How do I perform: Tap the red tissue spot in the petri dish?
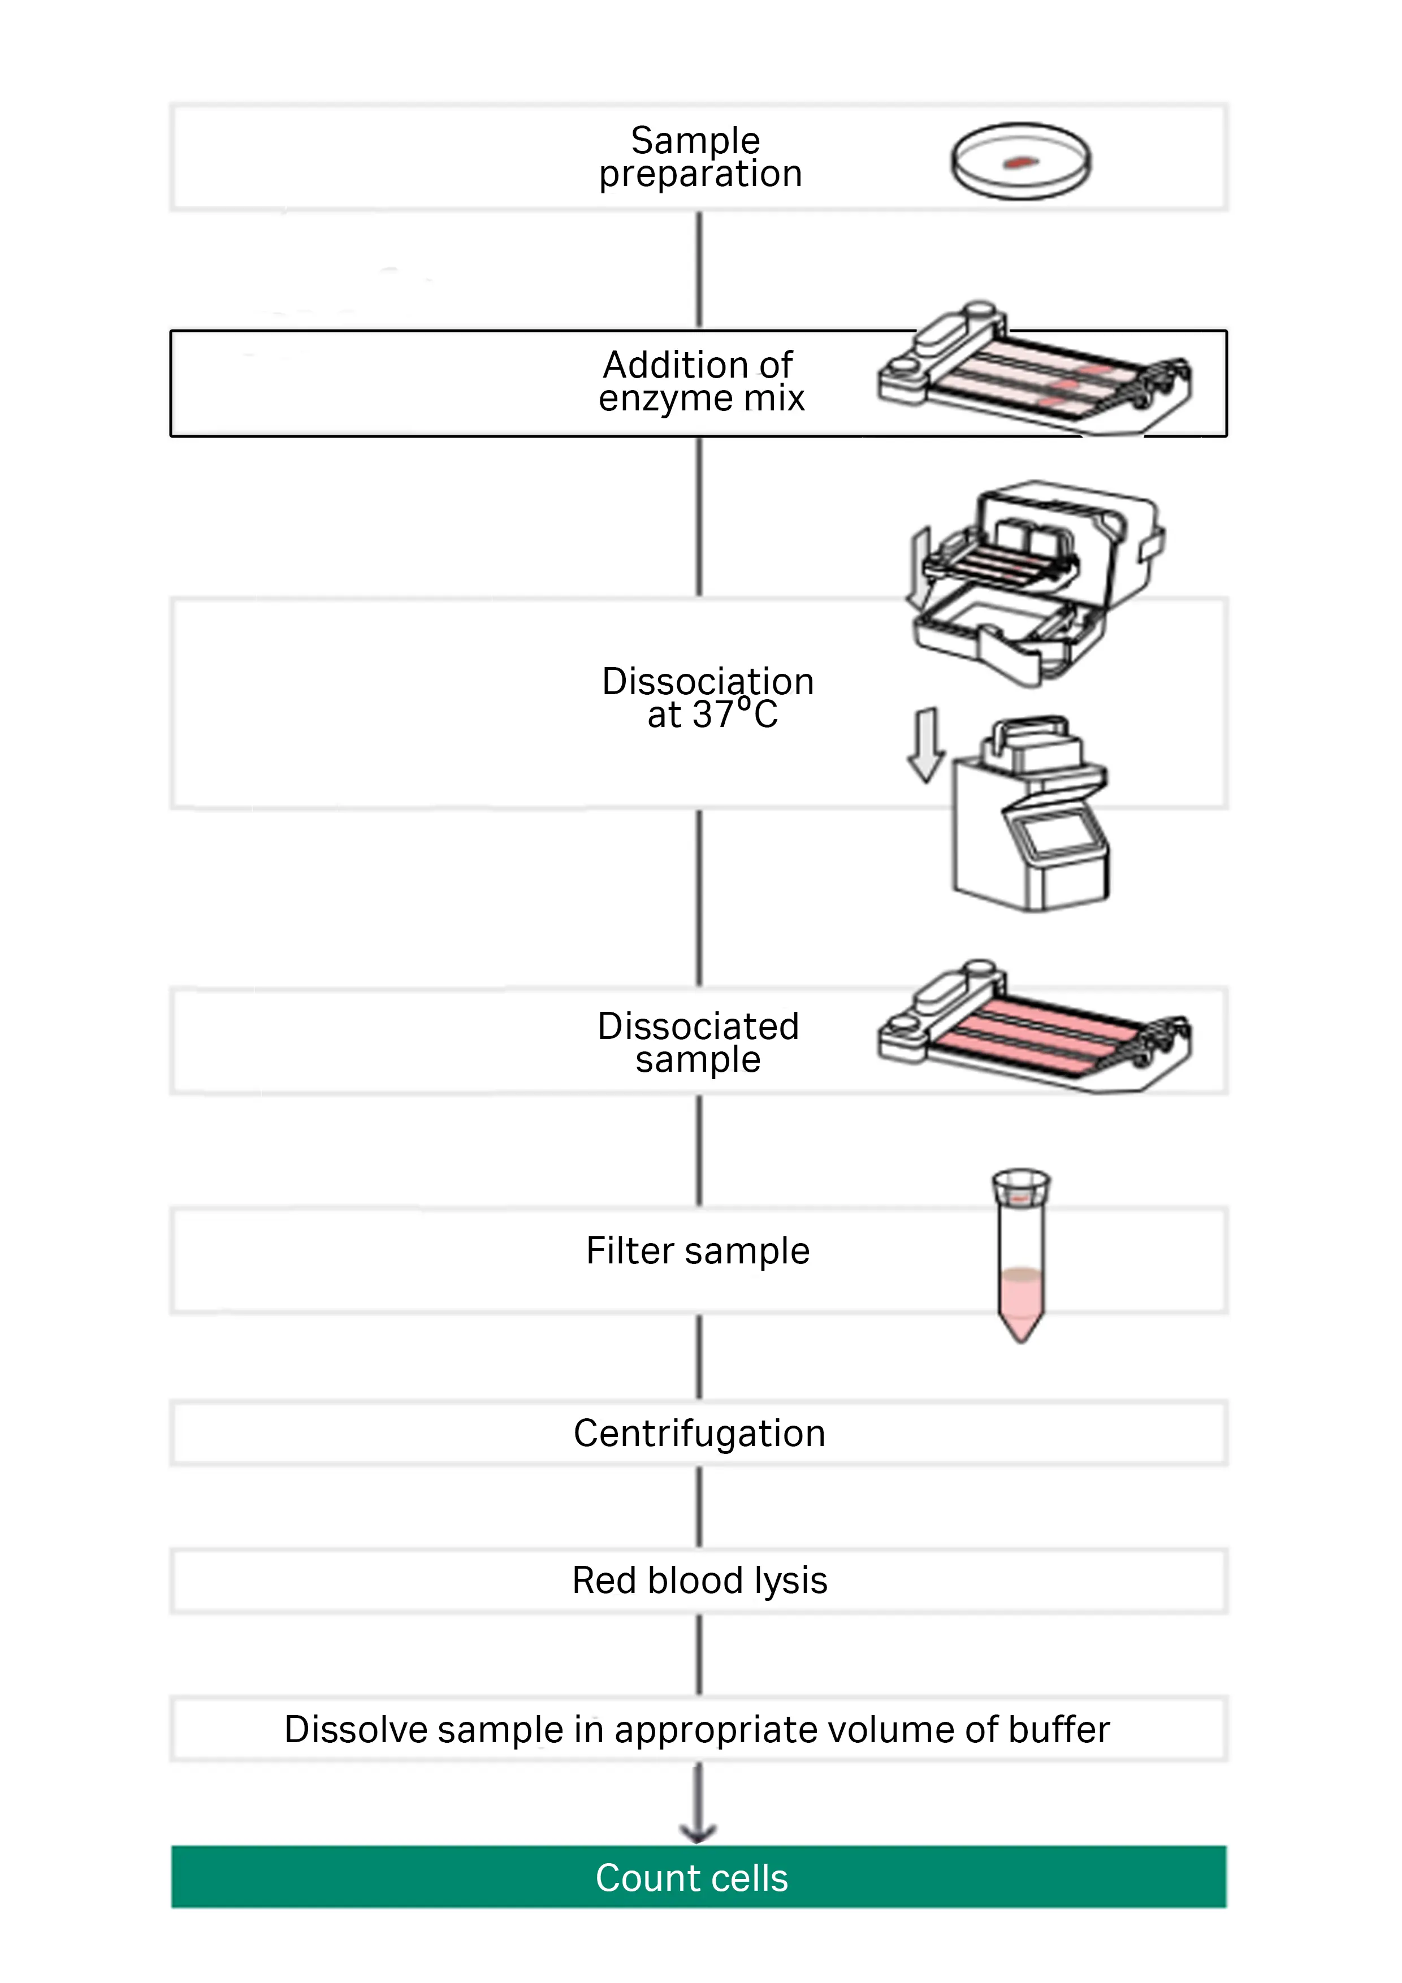click(1021, 162)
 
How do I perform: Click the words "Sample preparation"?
click(700, 157)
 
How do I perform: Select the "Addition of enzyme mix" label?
click(700, 382)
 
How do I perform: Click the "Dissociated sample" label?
click(699, 1042)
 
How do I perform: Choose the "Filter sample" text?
click(698, 1250)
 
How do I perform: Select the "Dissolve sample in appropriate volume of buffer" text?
click(697, 1730)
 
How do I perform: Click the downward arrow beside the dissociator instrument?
click(926, 744)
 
